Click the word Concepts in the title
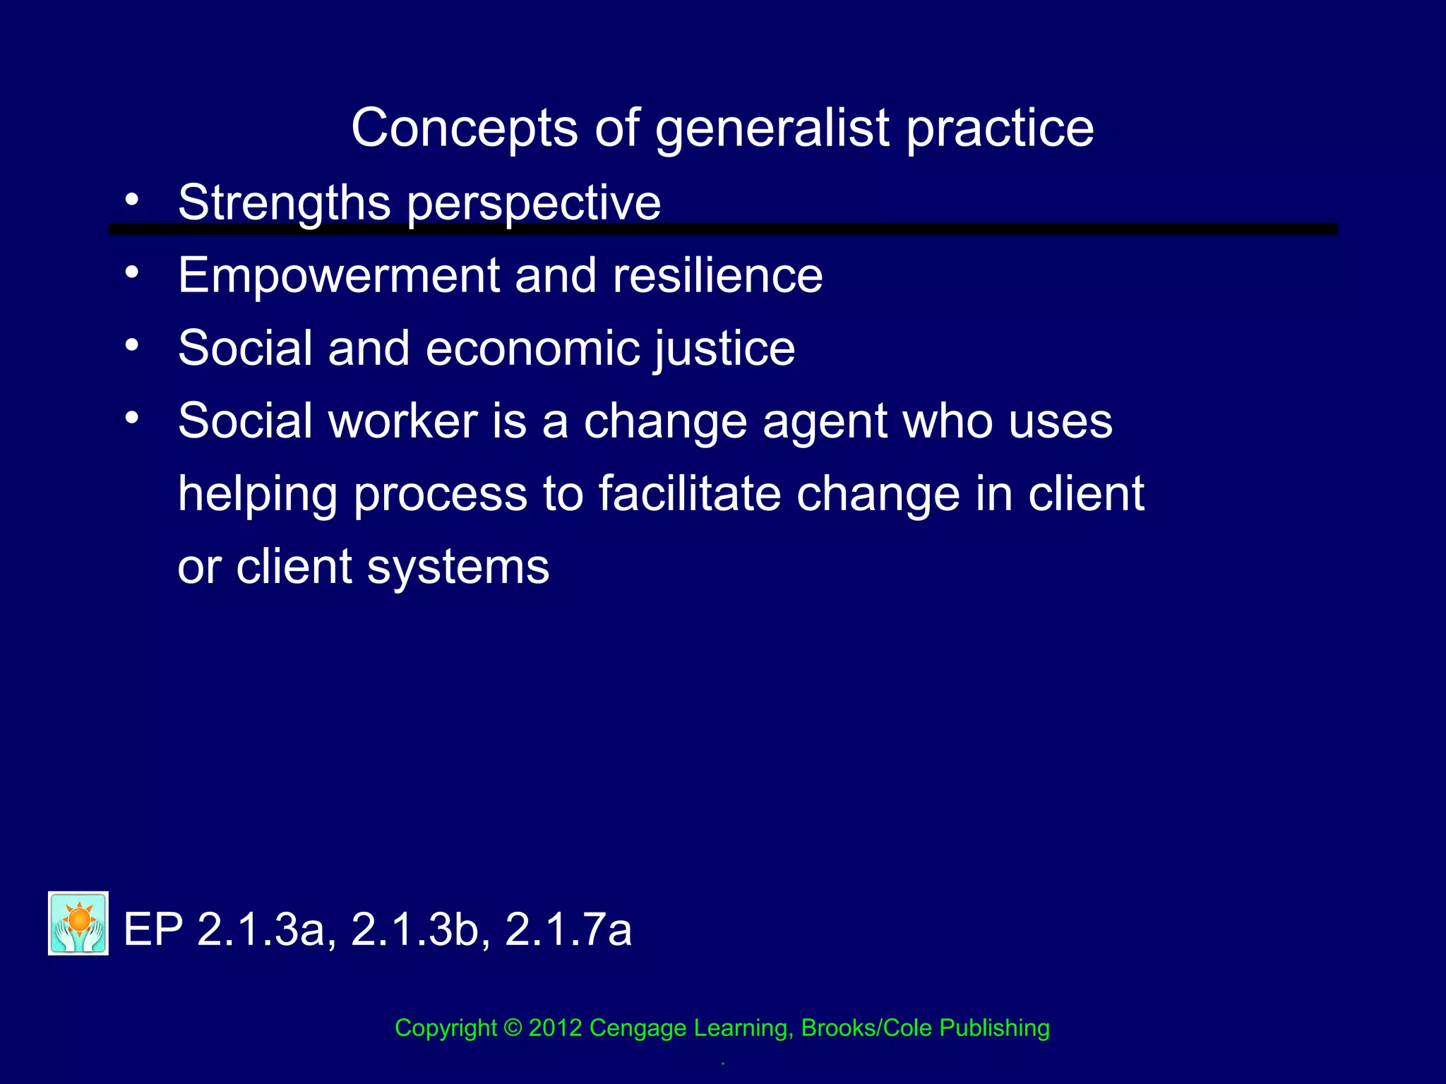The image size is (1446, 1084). (465, 128)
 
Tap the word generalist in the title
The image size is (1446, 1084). (772, 130)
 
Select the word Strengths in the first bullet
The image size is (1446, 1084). (284, 203)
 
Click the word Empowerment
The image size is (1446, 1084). (338, 276)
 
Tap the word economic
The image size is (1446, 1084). (532, 348)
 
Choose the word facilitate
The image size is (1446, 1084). (690, 493)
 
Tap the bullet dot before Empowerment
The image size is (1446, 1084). (132, 272)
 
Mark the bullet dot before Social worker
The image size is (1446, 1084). (132, 418)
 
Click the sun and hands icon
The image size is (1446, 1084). (78, 923)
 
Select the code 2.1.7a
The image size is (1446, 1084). (568, 929)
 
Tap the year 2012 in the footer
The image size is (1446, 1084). (556, 1028)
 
